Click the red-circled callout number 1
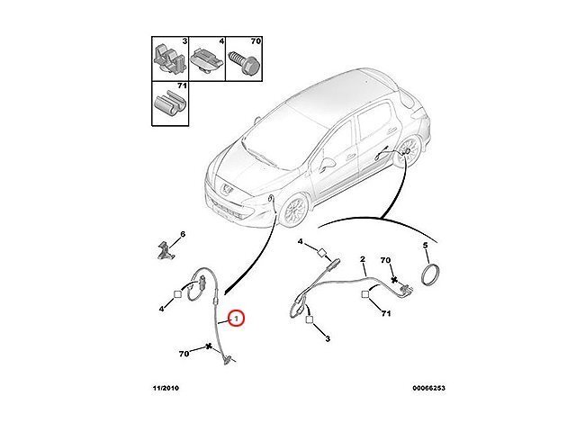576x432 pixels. (236, 319)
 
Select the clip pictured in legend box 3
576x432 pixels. (170, 58)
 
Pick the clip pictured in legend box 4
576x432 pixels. (207, 61)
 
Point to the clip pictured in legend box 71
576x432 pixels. (169, 103)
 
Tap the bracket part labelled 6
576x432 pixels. (166, 250)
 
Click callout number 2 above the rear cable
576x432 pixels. (363, 260)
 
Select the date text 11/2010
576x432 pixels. (166, 388)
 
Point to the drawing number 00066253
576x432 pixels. (428, 388)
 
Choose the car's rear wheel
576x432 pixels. (409, 151)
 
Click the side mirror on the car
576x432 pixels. (328, 164)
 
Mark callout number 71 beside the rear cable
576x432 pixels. (386, 314)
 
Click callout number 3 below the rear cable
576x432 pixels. (328, 338)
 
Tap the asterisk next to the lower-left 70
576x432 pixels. (210, 346)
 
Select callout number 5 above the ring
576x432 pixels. (426, 246)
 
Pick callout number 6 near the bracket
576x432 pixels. (183, 234)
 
